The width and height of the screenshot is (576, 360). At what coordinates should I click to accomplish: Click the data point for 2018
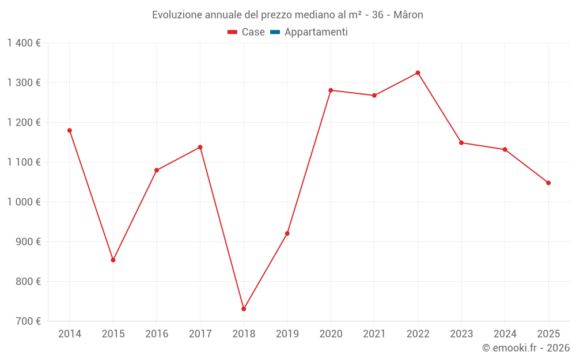pyautogui.click(x=244, y=309)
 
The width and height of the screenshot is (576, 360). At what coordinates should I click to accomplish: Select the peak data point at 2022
pyautogui.click(x=418, y=73)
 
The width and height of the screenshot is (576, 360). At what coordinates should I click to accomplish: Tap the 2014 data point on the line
pyautogui.click(x=70, y=130)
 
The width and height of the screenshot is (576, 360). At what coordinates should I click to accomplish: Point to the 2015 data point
pyautogui.click(x=113, y=260)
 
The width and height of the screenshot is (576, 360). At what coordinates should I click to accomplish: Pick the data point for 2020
pyautogui.click(x=331, y=90)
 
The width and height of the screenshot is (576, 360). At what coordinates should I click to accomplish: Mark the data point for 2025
pyautogui.click(x=548, y=183)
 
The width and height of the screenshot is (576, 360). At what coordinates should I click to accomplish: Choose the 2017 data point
pyautogui.click(x=200, y=147)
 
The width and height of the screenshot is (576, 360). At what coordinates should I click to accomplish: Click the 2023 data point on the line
pyautogui.click(x=461, y=142)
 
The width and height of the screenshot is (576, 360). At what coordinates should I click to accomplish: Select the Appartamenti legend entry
pyautogui.click(x=316, y=32)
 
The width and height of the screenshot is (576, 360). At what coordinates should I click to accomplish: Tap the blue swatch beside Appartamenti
pyautogui.click(x=275, y=32)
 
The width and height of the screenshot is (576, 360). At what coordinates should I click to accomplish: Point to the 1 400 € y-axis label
pyautogui.click(x=24, y=43)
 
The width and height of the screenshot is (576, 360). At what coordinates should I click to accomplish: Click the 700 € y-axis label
pyautogui.click(x=29, y=321)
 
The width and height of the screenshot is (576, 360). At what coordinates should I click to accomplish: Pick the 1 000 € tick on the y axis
pyautogui.click(x=24, y=202)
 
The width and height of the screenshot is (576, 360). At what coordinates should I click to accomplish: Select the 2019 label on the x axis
pyautogui.click(x=287, y=334)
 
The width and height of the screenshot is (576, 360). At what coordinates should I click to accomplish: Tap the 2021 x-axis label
pyautogui.click(x=374, y=334)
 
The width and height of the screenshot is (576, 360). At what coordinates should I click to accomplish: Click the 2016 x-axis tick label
pyautogui.click(x=157, y=334)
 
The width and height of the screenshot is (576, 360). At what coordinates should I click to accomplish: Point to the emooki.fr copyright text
pyautogui.click(x=526, y=348)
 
